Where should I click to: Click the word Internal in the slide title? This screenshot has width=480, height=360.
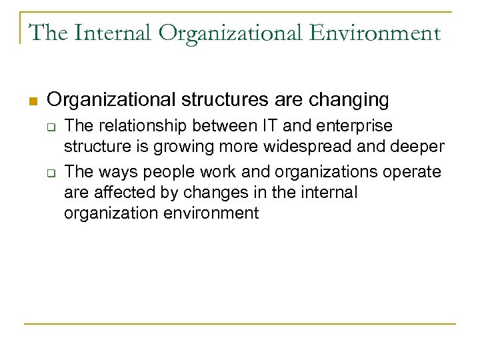point(107,33)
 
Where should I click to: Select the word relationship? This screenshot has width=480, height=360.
point(141,125)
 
